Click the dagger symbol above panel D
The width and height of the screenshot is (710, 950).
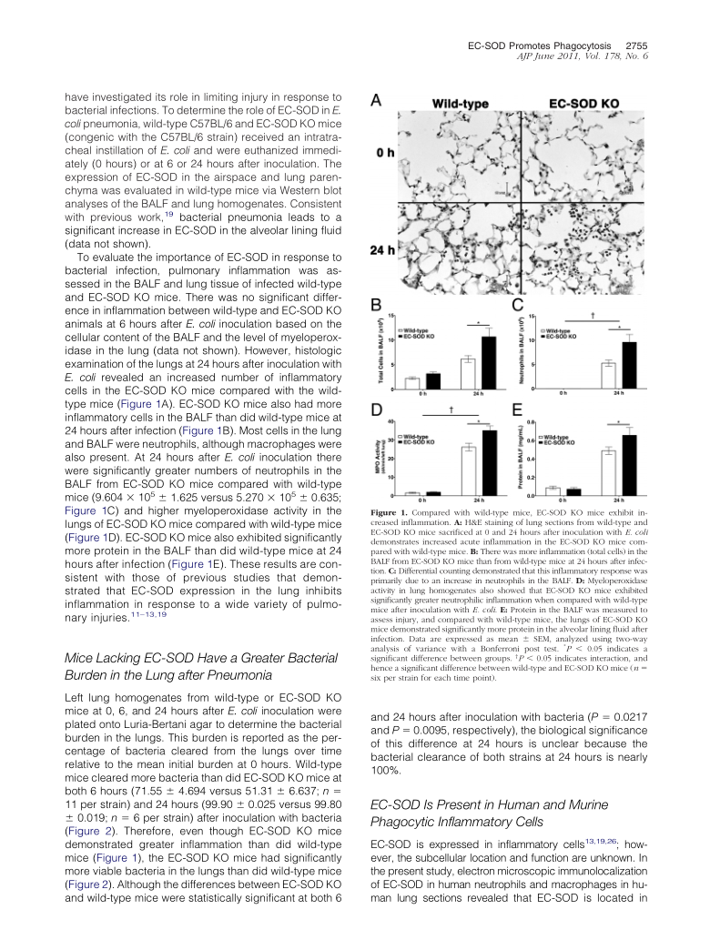click(451, 410)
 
